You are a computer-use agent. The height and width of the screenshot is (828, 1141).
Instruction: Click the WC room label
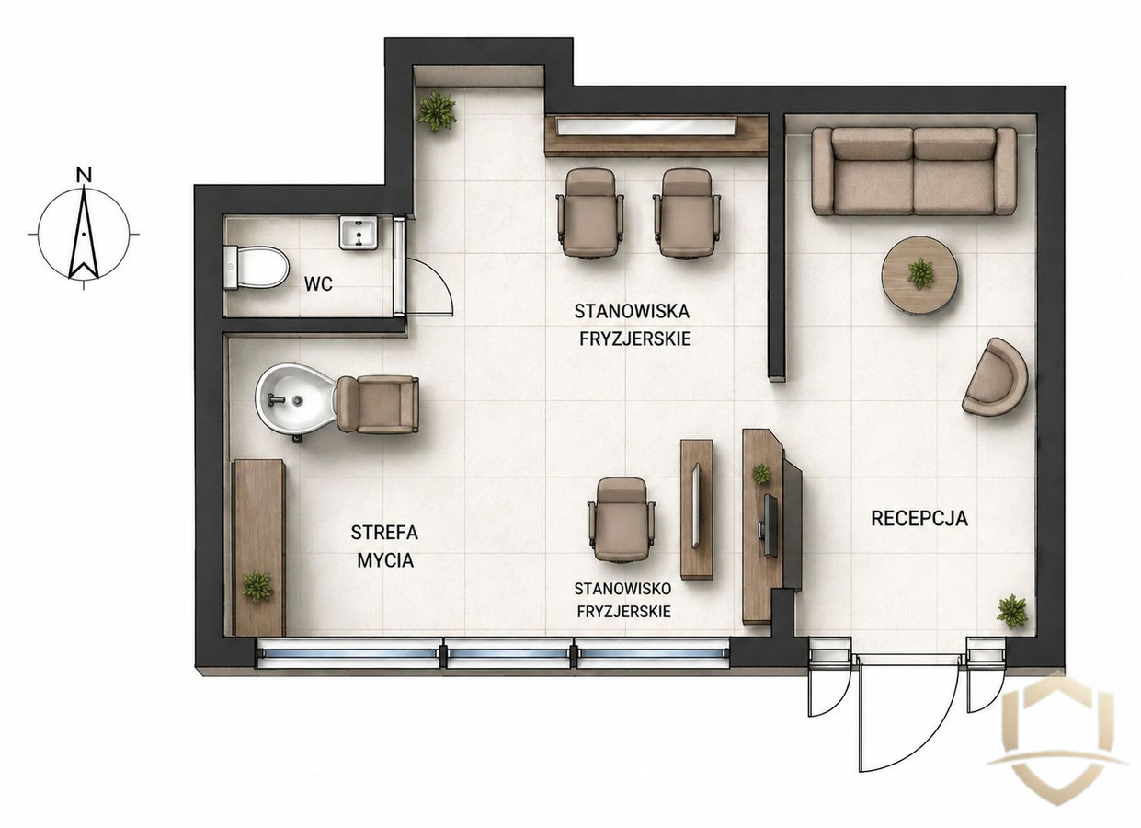click(x=318, y=284)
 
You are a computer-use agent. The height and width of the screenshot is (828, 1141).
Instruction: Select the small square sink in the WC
click(x=359, y=233)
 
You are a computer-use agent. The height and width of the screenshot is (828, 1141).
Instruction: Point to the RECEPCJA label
click(x=919, y=519)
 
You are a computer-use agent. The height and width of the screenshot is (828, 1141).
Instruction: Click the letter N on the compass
click(x=84, y=176)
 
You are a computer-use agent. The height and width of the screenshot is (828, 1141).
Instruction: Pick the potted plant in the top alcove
click(x=436, y=110)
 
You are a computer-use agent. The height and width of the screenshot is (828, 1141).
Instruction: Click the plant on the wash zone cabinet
click(x=257, y=586)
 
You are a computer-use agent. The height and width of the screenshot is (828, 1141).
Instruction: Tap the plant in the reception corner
click(x=1012, y=612)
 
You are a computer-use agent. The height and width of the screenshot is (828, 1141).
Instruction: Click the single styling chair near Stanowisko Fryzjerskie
click(x=622, y=519)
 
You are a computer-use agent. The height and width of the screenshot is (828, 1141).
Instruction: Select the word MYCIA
click(x=385, y=560)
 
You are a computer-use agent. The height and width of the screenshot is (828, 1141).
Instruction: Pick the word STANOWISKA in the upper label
click(x=633, y=311)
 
